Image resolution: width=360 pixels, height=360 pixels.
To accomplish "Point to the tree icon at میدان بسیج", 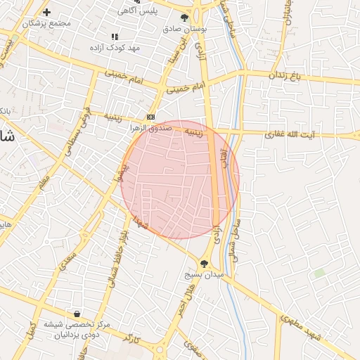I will coord(204,264).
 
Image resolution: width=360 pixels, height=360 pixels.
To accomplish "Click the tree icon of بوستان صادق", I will coord(184,19).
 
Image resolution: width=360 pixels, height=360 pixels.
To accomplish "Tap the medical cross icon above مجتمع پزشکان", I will coord(46,13).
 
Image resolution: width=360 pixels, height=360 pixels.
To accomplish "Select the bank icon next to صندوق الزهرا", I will coord(150,117).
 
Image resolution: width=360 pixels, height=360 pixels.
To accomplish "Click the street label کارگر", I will coord(131,340).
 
